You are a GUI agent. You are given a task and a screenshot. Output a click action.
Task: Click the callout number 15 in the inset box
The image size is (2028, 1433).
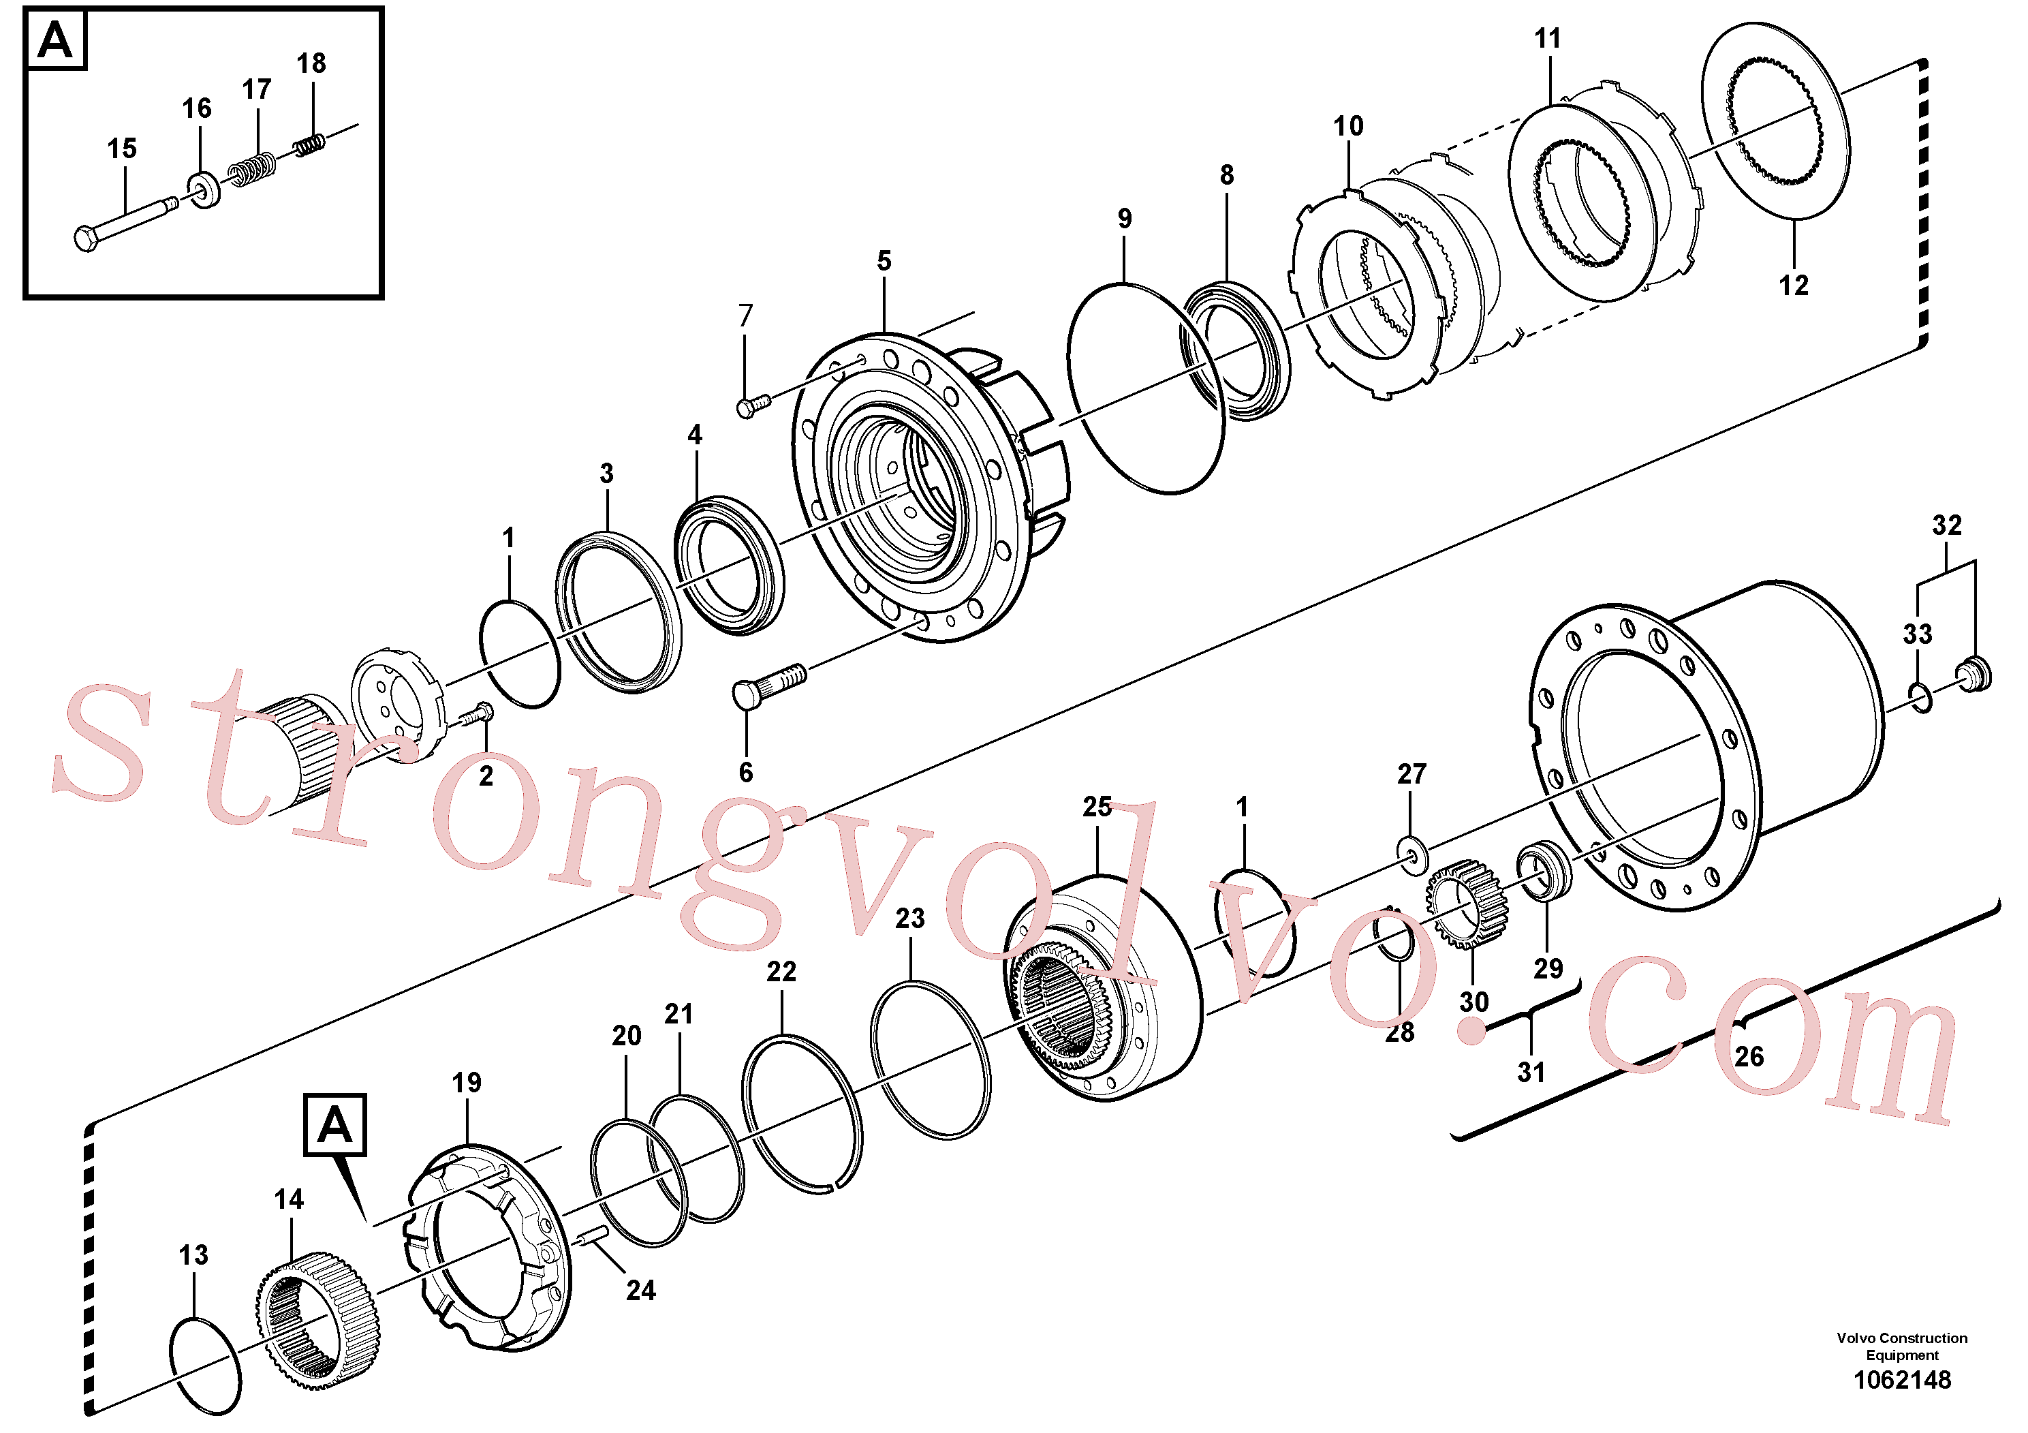tap(122, 149)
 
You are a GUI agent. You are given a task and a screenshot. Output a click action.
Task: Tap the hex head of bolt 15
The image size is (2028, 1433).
tap(86, 238)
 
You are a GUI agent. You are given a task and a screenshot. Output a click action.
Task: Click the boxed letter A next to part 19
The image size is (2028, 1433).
tap(334, 1125)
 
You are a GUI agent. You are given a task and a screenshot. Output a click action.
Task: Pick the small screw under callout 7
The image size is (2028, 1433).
tap(753, 405)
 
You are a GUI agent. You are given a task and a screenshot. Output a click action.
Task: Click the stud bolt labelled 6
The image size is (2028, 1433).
tap(769, 685)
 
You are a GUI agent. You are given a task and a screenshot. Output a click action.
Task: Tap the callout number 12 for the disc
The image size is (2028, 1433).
tap(1793, 286)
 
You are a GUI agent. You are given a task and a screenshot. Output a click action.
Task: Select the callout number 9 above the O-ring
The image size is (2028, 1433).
tap(1125, 218)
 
